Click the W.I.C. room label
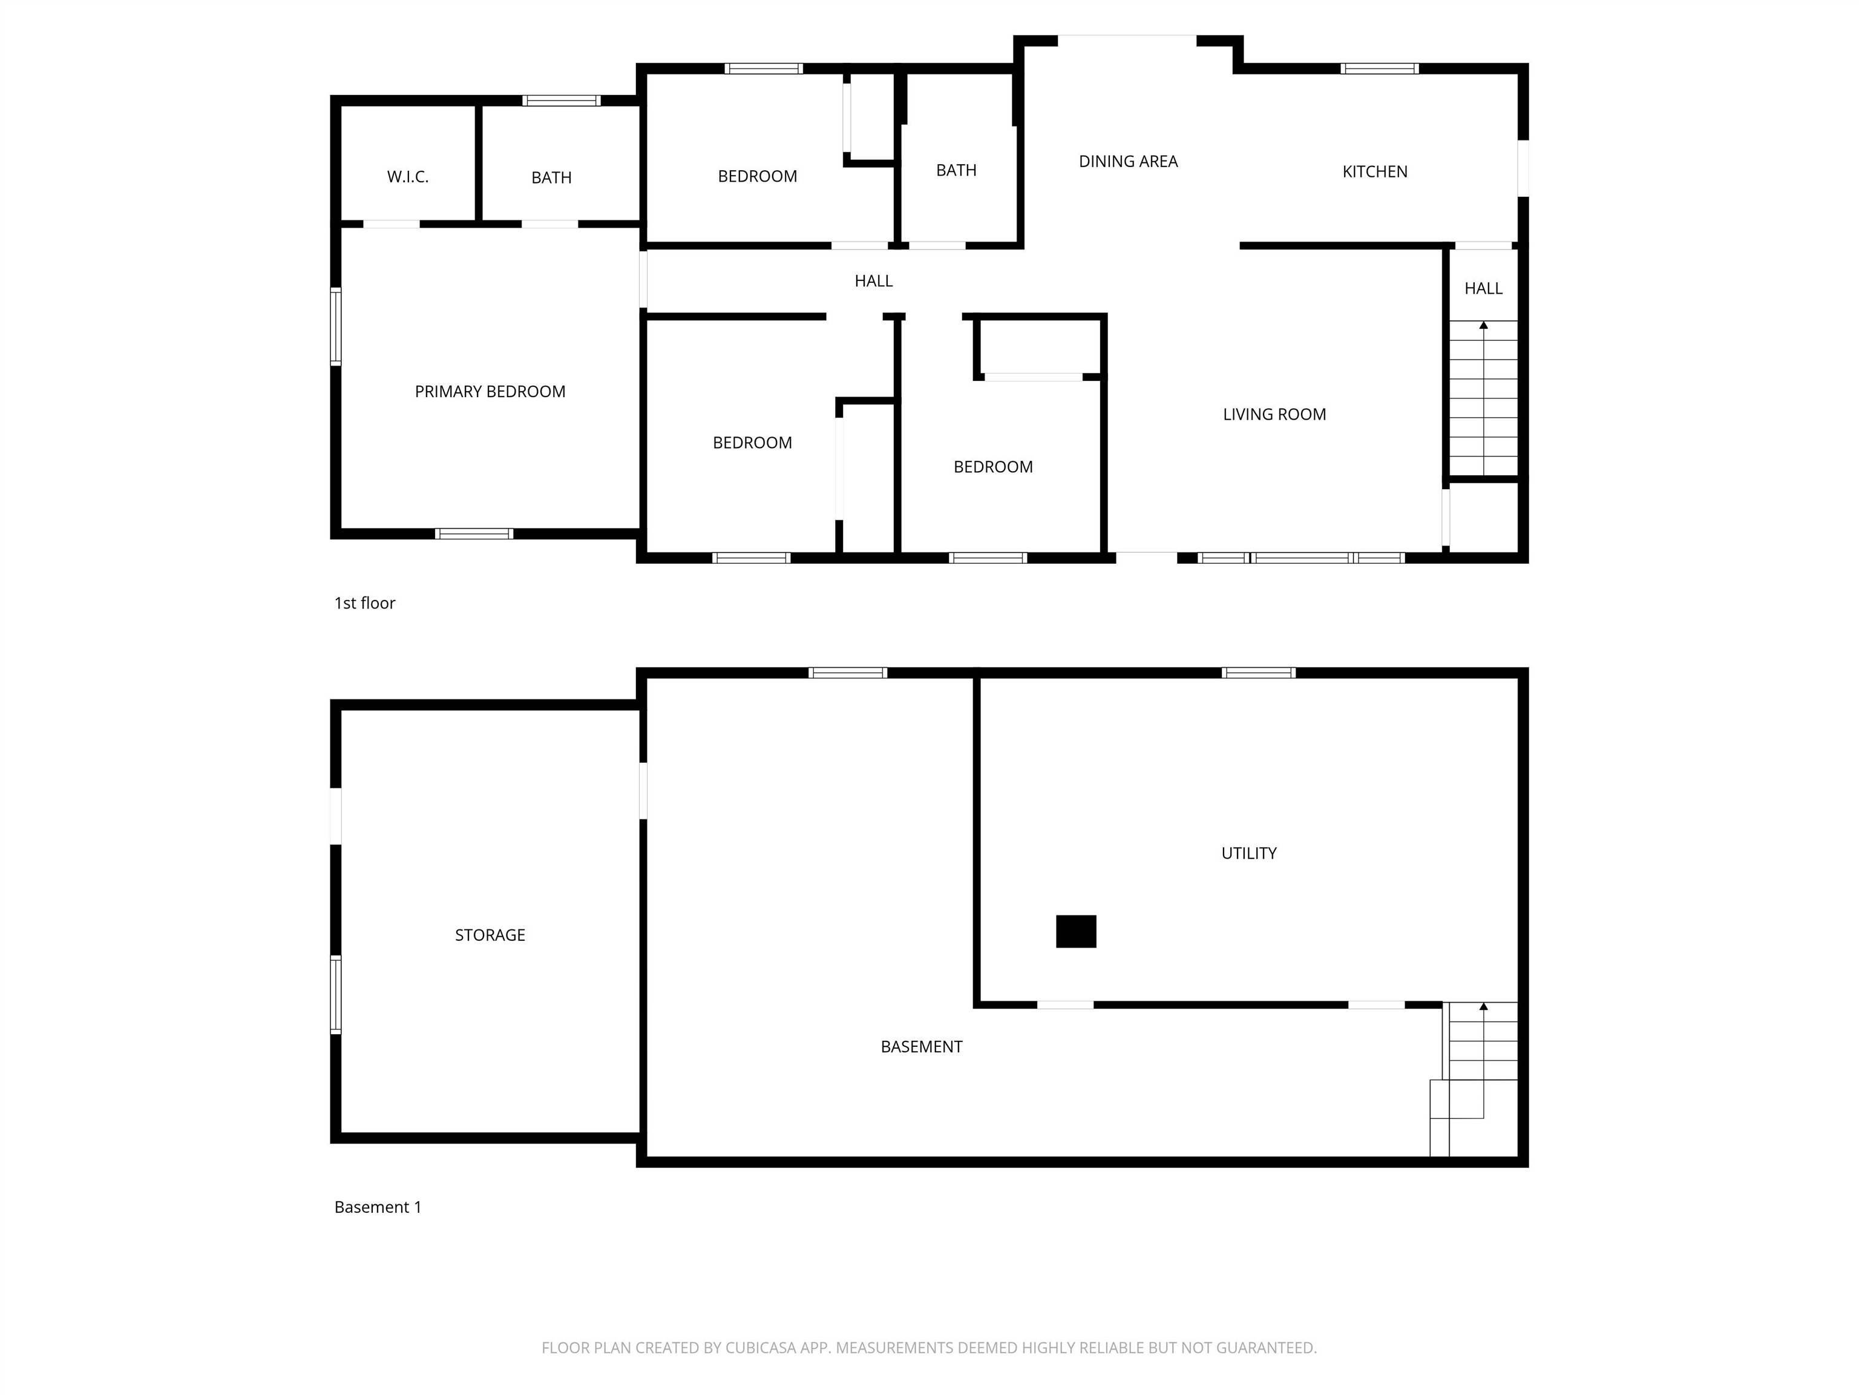pos(408,177)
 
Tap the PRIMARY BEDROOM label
pos(490,392)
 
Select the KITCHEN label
pos(1374,171)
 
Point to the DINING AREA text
pos(1128,162)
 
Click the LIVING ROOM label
pos(1274,415)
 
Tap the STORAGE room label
pos(490,935)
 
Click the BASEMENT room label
pos(921,1047)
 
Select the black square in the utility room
pos(1076,932)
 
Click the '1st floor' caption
pos(365,603)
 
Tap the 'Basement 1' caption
pos(378,1207)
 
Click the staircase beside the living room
pos(1483,400)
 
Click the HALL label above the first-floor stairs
pos(1483,288)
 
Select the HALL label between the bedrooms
pos(873,281)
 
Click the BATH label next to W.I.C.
pos(551,177)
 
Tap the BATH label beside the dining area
pos(956,171)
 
